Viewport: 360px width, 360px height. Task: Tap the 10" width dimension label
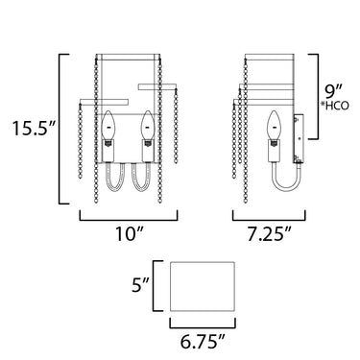[x=128, y=235]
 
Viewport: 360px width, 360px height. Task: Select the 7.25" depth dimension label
[x=269, y=235]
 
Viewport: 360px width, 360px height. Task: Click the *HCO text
[x=334, y=106]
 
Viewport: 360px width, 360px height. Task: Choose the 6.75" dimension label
[x=202, y=342]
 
